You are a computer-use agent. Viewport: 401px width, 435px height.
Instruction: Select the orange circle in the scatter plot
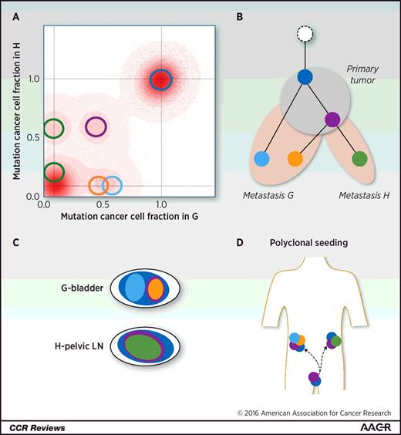(98, 185)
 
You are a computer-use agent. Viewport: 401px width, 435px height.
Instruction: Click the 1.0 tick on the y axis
(33, 79)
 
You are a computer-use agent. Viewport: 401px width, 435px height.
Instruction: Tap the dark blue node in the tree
(305, 77)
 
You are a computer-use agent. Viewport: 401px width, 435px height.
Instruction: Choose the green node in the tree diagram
(359, 159)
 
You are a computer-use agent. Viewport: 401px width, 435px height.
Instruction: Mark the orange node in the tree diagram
(295, 159)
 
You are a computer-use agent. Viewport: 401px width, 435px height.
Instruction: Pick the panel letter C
(17, 241)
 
